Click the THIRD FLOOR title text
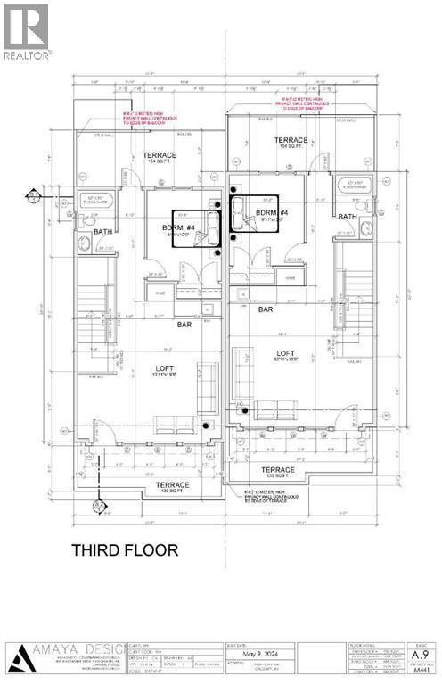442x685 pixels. click(x=125, y=549)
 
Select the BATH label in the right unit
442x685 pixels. click(x=348, y=217)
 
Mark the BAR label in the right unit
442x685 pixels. click(x=266, y=309)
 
